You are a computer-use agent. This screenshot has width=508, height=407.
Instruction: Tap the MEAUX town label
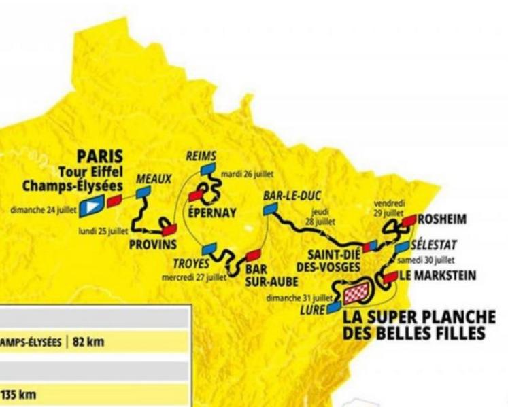(154, 179)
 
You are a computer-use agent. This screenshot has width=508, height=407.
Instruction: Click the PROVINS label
(153, 244)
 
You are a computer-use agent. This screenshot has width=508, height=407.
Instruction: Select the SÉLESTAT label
(435, 245)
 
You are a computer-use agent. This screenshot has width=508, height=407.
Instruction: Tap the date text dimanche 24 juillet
(41, 210)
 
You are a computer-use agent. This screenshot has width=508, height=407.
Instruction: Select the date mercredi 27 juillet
(193, 277)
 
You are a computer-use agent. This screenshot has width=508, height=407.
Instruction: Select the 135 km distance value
(18, 395)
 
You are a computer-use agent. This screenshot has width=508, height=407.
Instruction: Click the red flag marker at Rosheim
(409, 220)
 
